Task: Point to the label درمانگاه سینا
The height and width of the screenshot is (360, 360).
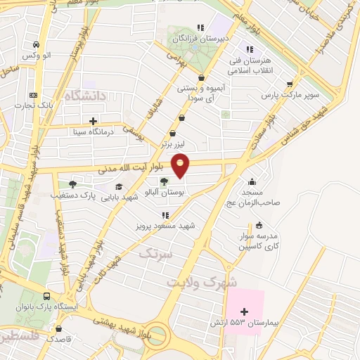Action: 92,131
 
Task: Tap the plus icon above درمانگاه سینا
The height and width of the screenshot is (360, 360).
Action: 93,121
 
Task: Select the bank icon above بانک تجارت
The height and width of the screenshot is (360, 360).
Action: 33,96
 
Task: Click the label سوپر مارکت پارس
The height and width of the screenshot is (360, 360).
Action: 290,94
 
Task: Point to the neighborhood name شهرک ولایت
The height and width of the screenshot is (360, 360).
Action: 203,281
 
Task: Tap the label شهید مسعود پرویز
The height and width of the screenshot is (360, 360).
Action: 165,226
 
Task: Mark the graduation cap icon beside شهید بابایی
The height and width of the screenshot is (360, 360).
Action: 119,186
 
